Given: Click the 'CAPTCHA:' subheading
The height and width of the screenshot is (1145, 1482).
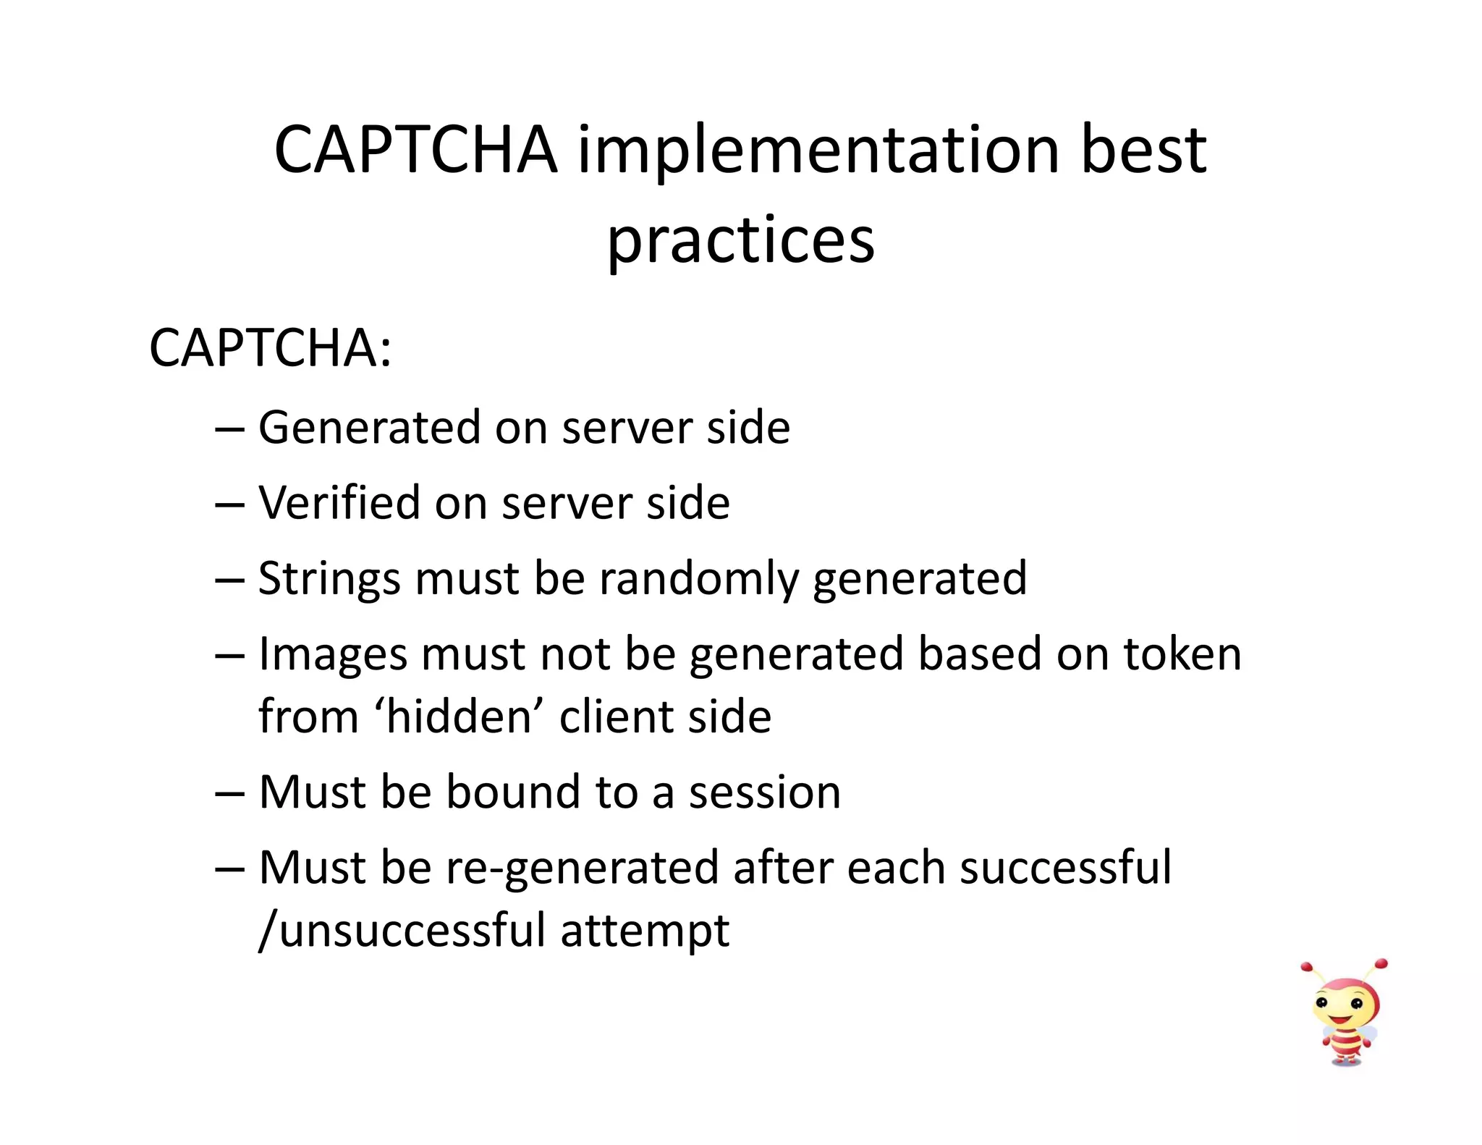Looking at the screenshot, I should [x=270, y=348].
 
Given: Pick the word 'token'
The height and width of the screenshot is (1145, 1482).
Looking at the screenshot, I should [x=1182, y=654].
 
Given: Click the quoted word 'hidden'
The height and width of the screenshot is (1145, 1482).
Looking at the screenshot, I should [x=460, y=717].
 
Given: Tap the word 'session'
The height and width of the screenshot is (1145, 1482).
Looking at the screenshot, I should [x=765, y=792].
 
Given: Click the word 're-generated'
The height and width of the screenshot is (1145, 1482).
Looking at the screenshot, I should [x=582, y=868].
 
